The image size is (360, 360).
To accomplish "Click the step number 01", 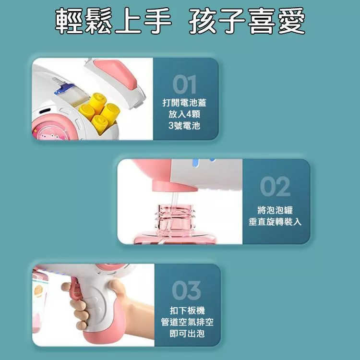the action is (x=185, y=84).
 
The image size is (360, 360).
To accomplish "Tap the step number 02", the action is (x=275, y=186).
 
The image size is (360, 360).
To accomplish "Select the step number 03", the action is (x=186, y=290).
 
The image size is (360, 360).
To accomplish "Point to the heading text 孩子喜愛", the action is (x=247, y=21).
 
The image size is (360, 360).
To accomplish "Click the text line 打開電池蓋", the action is (x=184, y=103).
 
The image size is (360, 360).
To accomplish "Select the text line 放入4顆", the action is (x=184, y=114).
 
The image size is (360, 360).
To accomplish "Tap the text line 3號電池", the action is (x=184, y=126).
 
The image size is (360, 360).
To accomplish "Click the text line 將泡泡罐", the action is (x=275, y=210).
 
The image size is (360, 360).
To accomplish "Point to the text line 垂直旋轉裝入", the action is (x=275, y=222).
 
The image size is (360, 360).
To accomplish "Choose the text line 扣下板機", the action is (x=187, y=311).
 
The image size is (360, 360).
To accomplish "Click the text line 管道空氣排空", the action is (x=187, y=322).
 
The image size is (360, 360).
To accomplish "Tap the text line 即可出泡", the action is (x=187, y=334).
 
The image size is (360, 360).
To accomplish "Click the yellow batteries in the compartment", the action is (x=100, y=112).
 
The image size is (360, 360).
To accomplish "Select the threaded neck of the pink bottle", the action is (x=175, y=217).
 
